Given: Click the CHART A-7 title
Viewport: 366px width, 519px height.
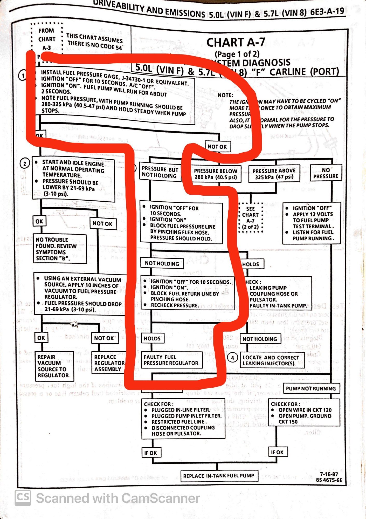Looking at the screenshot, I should tap(236, 42).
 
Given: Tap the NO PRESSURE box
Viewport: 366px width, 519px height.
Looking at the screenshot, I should tap(326, 173).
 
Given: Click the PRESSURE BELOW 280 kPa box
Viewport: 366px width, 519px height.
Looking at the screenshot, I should tap(216, 174).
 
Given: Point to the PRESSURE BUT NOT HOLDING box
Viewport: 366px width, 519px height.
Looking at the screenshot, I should tap(160, 172).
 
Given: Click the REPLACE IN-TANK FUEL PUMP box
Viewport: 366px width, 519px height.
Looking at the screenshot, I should tap(219, 476).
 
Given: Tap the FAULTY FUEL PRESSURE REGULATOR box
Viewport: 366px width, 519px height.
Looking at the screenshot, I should tap(171, 360).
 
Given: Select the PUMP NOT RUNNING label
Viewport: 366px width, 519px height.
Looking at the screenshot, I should tap(311, 388).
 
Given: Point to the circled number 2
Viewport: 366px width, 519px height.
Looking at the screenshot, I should tap(25, 164).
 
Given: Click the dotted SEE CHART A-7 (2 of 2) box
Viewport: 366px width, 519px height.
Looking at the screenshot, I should tap(250, 218).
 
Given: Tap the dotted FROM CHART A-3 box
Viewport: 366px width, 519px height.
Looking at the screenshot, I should tap(47, 39).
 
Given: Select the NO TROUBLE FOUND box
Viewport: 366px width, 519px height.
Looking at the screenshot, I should tap(60, 249).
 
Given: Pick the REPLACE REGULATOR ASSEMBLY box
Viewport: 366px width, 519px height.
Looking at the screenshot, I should tap(108, 363).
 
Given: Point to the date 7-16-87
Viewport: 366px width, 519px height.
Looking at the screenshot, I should tap(329, 474).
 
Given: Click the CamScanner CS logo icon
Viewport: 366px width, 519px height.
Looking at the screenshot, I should tap(23, 498).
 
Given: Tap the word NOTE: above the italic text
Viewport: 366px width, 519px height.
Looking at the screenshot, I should tap(225, 95).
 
